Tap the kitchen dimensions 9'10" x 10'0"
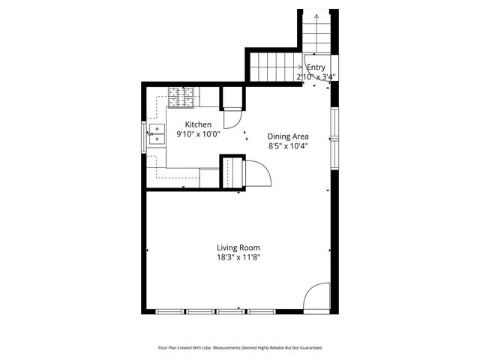point(198,134)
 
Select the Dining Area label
point(289,136)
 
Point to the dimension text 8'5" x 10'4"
point(289,146)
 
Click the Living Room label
point(238,247)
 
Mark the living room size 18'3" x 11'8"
point(238,257)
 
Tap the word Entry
point(316,67)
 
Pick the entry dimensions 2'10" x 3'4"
point(316,76)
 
